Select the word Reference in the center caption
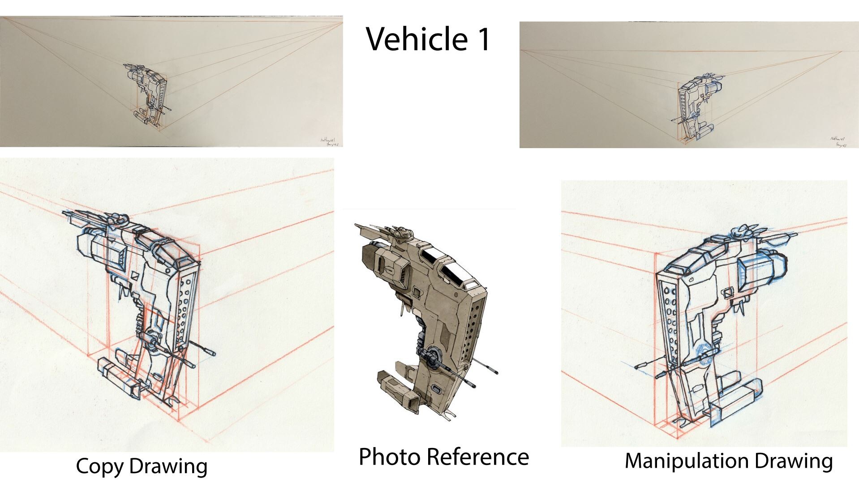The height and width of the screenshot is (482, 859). coord(477,457)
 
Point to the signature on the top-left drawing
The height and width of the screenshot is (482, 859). coord(331,141)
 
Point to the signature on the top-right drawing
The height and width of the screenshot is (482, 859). coord(837,142)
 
